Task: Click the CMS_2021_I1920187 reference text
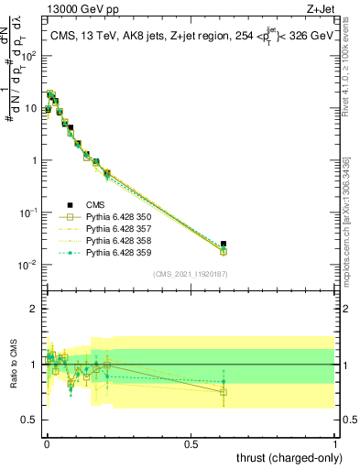pyautogui.click(x=191, y=274)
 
